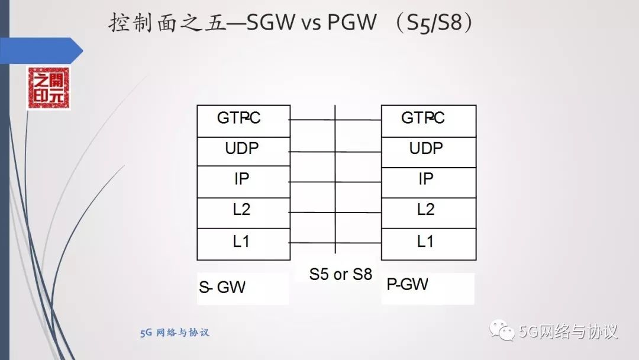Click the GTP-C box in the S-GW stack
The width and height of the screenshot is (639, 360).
point(243,121)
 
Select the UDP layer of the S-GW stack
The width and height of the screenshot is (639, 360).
point(243,152)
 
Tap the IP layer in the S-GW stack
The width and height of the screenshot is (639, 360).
point(243,182)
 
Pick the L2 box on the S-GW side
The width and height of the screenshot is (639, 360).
point(243,213)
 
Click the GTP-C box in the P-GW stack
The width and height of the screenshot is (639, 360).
point(428,121)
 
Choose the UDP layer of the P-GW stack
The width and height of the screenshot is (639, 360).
point(428,152)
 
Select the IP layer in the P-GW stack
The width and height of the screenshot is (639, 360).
point(428,182)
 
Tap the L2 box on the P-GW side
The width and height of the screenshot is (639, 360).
point(428,213)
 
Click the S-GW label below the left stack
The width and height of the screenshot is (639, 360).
point(222,288)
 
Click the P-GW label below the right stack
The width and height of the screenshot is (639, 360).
point(408,284)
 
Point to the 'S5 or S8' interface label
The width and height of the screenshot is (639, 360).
point(341,275)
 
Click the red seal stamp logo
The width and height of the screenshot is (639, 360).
point(48,88)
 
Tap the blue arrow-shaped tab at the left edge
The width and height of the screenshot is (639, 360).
point(39,51)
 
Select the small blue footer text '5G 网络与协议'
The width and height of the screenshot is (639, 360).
point(175,333)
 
